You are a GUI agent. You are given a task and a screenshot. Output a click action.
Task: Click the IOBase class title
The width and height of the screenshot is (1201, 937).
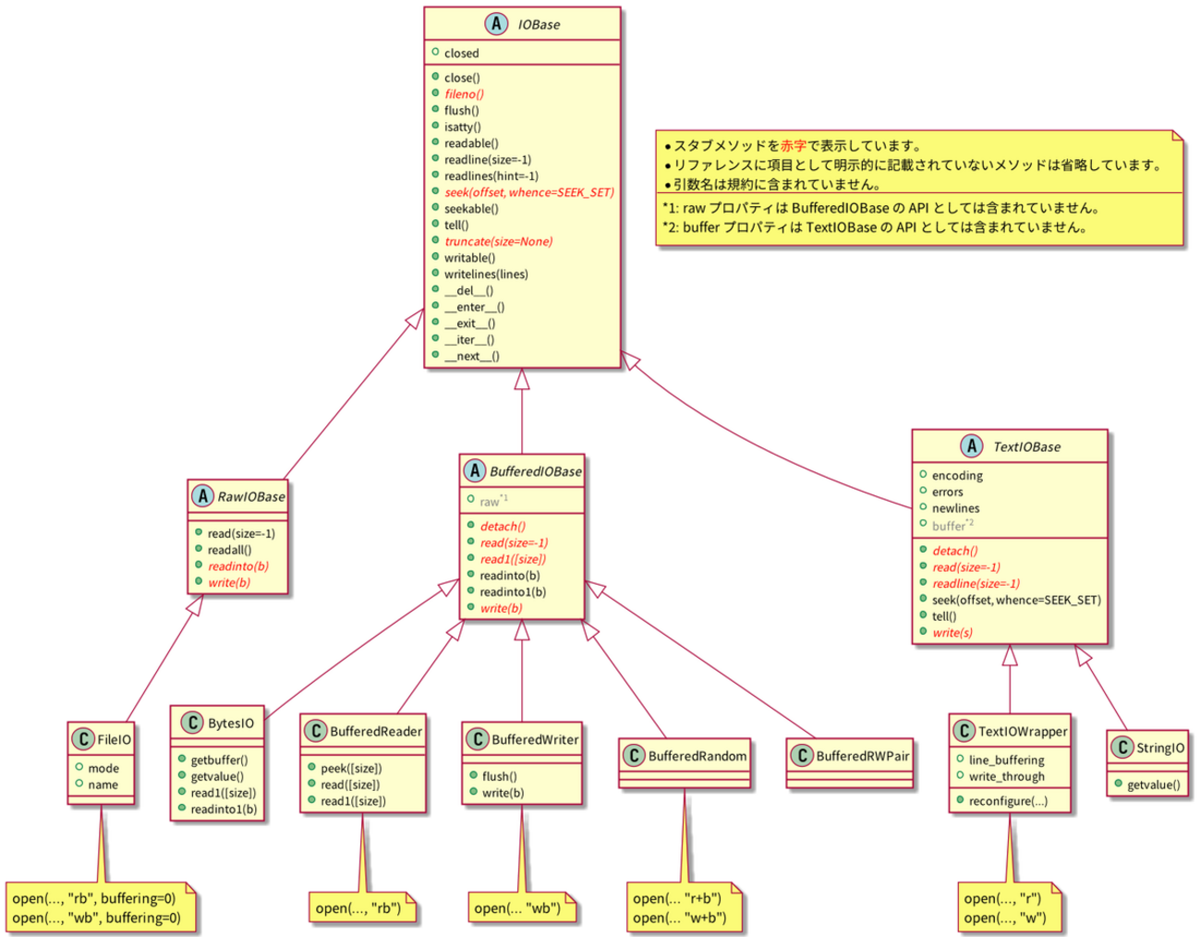(539, 25)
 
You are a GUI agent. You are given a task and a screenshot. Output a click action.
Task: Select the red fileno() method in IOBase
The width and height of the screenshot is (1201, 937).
(464, 94)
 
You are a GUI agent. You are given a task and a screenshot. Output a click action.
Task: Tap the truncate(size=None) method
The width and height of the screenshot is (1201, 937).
(498, 242)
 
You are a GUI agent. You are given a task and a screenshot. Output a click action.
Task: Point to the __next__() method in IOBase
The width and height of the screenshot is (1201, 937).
(471, 357)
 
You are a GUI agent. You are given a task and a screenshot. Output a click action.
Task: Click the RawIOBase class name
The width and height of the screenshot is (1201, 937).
(251, 497)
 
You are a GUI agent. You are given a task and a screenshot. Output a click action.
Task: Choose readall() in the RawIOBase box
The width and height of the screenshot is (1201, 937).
(229, 550)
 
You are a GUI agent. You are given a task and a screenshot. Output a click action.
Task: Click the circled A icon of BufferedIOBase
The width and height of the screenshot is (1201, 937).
(474, 471)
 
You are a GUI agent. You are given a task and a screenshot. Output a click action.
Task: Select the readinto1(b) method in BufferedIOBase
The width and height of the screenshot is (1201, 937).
(513, 592)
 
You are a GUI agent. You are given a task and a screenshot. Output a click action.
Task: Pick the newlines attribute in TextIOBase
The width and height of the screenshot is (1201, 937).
(955, 508)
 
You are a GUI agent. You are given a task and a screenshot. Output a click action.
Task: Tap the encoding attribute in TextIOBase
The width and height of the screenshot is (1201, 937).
(957, 476)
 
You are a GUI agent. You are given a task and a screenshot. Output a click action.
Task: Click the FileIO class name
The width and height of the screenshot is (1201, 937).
(114, 739)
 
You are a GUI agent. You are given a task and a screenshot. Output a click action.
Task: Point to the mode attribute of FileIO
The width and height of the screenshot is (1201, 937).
(103, 769)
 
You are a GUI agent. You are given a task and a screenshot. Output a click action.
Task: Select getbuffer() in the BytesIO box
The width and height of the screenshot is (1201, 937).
(219, 761)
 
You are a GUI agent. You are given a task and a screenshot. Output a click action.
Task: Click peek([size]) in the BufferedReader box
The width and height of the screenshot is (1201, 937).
(351, 769)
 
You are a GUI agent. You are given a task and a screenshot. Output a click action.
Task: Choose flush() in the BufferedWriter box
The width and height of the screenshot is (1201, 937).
(499, 777)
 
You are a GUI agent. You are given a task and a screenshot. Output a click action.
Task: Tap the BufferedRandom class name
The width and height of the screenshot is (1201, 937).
(698, 756)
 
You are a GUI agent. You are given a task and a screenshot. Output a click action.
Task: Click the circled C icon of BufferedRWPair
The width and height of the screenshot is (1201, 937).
(801, 756)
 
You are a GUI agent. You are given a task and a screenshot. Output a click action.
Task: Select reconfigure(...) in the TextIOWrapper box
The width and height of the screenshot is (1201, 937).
(1008, 801)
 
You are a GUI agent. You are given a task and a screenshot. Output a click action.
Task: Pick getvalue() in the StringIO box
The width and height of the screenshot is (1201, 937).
(1153, 785)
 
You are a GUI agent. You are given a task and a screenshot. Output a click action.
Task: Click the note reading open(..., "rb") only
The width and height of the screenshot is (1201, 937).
(358, 908)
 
